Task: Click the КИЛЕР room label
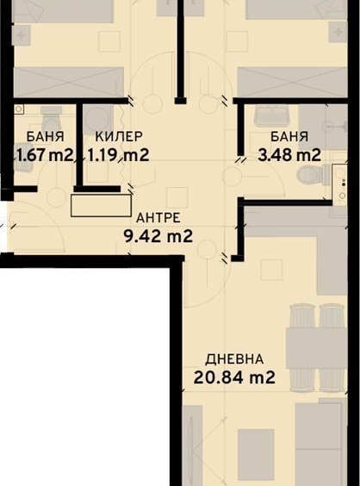(x=119, y=136)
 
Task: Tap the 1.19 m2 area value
(x=119, y=155)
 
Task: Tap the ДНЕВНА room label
(x=234, y=358)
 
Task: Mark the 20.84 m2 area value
(x=234, y=377)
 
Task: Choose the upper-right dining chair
(x=332, y=317)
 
